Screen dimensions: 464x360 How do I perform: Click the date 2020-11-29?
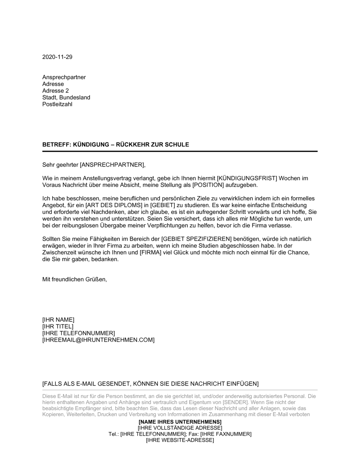[x=57, y=57]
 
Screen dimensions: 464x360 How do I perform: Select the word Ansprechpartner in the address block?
[x=64, y=77]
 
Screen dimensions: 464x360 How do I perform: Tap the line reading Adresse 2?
[x=55, y=91]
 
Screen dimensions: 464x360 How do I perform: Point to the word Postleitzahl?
[x=57, y=104]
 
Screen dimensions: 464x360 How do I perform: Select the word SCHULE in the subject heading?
[x=177, y=145]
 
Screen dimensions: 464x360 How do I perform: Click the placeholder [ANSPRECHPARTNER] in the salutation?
[x=112, y=165]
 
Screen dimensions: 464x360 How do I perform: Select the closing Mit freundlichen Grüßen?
[x=75, y=279]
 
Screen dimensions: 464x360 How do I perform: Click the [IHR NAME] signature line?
[x=58, y=320]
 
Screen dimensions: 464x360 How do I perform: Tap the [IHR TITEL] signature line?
[x=58, y=327]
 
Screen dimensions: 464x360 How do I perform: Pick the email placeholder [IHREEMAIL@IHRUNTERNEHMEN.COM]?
[x=98, y=340]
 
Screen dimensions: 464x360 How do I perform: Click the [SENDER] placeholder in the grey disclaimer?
[x=235, y=402]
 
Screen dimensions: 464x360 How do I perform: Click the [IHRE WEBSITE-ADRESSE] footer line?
[x=180, y=440]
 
